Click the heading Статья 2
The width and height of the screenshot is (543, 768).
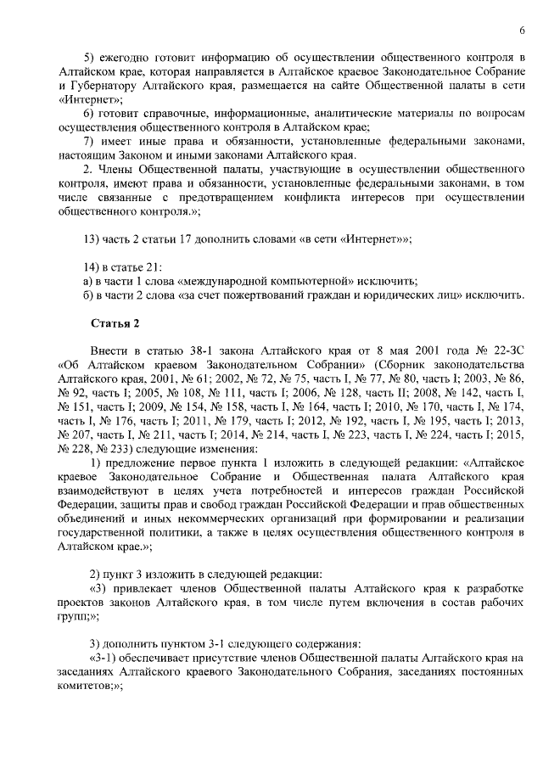pyautogui.click(x=114, y=323)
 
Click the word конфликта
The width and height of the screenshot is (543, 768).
pyautogui.click(x=322, y=198)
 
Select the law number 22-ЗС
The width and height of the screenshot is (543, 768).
pyautogui.click(x=505, y=351)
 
